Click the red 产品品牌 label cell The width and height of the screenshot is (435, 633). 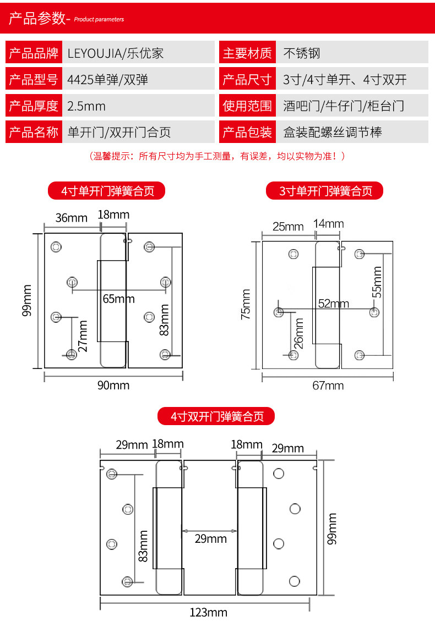(x=34, y=53)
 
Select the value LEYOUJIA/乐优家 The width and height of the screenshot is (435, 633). (x=115, y=53)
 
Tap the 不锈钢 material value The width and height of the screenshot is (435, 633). (x=301, y=53)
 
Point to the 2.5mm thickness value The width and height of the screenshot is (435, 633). (x=86, y=106)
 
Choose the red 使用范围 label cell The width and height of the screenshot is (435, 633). (x=247, y=106)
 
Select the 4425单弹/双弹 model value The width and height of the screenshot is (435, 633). (x=107, y=79)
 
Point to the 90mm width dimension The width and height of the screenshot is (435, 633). (x=113, y=385)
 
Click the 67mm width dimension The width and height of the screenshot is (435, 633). (x=328, y=386)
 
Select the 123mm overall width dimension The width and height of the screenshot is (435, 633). (x=208, y=612)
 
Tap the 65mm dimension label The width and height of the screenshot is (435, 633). (x=118, y=299)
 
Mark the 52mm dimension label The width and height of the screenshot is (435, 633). (x=333, y=303)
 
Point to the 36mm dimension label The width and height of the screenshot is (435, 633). (x=72, y=218)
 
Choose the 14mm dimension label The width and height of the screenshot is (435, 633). (x=328, y=223)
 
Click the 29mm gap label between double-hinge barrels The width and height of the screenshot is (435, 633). (x=210, y=539)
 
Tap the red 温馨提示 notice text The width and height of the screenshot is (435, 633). (x=217, y=157)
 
